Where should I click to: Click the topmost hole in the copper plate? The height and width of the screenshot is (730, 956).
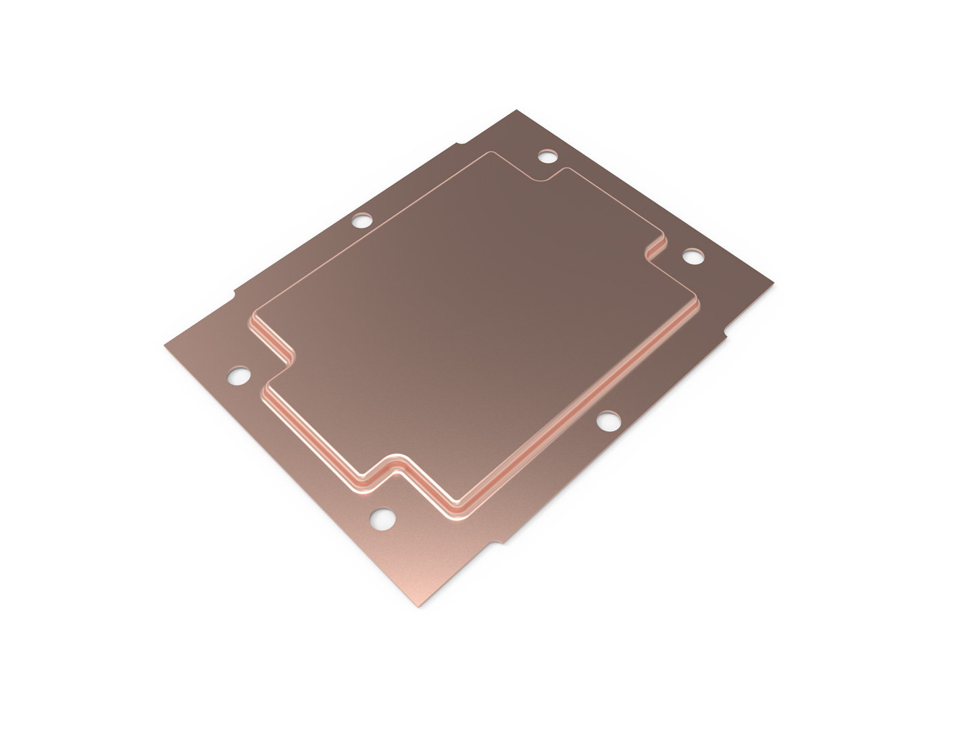[x=547, y=157]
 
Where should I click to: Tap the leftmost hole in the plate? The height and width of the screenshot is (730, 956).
[x=239, y=375]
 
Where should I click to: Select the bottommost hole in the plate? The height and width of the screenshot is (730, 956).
[x=382, y=519]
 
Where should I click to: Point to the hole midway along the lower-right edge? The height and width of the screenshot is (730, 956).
[x=606, y=420]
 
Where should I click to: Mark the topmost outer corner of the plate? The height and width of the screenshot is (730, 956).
[x=516, y=110]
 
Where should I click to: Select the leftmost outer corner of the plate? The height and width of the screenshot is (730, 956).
[x=164, y=346]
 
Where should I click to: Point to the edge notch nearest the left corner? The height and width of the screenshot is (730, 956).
[x=235, y=295]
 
